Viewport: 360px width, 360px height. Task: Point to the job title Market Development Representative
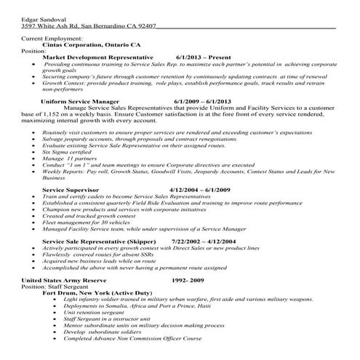pos(97,57)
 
